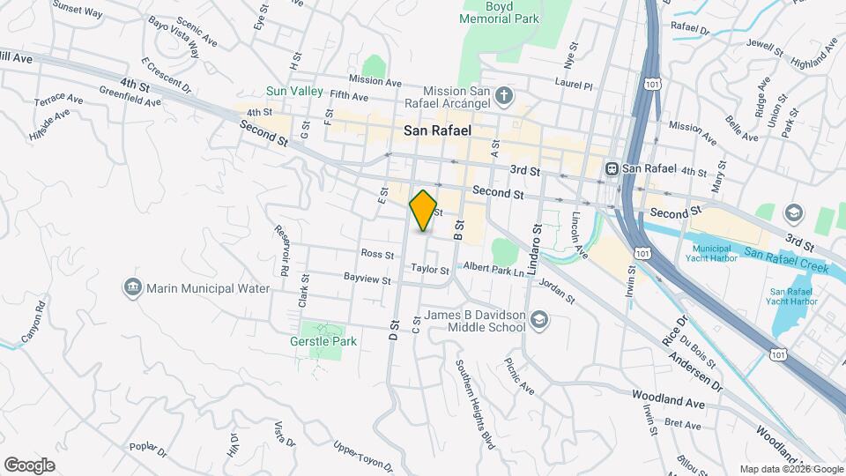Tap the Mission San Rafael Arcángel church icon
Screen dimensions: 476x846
tap(503, 94)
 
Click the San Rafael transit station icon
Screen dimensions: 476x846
tap(610, 168)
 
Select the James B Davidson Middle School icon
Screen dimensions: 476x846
tap(538, 322)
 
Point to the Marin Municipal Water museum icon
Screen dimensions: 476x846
tap(133, 287)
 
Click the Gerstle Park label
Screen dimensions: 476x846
tap(323, 341)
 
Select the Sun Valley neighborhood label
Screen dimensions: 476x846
tap(295, 92)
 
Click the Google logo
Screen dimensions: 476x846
tap(29, 465)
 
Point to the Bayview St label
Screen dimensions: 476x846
tap(367, 279)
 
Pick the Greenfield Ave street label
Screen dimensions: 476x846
tap(130, 95)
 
